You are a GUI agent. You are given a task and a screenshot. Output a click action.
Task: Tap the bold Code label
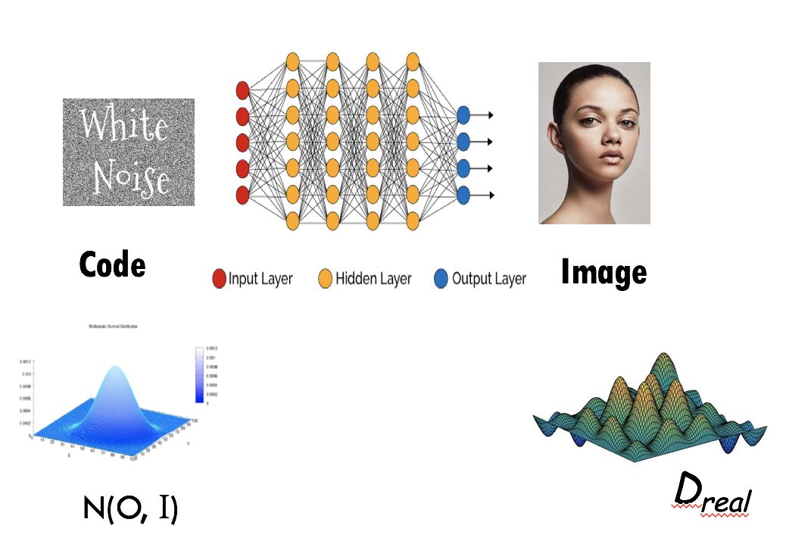coord(112,264)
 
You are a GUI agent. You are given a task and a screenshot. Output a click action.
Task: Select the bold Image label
coord(604,272)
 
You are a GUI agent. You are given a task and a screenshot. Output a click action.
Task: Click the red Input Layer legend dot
coord(220,279)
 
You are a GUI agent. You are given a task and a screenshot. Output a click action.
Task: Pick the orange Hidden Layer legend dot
coord(326,279)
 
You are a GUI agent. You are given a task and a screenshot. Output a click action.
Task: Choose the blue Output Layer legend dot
coord(441,279)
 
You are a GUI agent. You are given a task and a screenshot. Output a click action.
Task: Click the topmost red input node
coord(243,91)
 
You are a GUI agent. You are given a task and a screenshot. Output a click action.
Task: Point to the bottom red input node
coord(243,195)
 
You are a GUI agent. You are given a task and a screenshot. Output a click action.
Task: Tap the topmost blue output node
coord(463,115)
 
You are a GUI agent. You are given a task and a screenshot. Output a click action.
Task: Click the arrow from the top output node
coord(485,115)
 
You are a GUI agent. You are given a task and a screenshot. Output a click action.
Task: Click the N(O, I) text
coord(130,508)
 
